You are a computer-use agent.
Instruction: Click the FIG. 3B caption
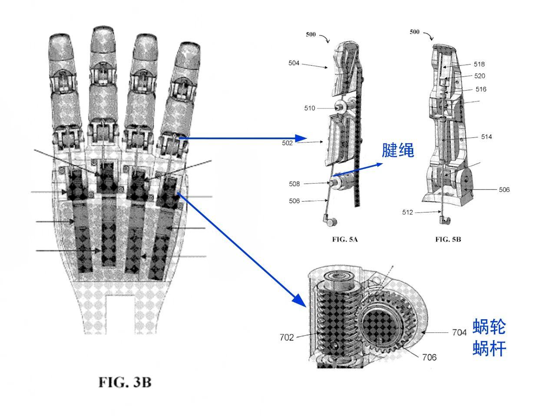(x=125, y=382)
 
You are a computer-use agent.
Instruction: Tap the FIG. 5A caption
(x=345, y=239)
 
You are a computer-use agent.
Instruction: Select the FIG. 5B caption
(x=448, y=239)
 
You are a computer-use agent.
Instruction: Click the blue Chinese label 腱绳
(x=398, y=150)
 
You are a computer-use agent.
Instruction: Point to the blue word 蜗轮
(x=489, y=327)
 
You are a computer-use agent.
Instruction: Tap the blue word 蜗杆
(x=489, y=348)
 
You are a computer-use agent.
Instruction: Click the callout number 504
(x=294, y=63)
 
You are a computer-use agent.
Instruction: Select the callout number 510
(x=310, y=108)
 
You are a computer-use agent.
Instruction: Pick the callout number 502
(x=287, y=143)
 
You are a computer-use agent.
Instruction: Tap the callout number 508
(x=295, y=184)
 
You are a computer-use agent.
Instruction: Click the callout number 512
(x=407, y=213)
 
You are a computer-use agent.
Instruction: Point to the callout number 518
(x=479, y=64)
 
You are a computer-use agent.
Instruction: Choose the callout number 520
(x=480, y=76)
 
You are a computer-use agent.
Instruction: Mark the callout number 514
(x=486, y=137)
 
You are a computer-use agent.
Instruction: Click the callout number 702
(x=287, y=337)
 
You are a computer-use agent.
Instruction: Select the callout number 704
(x=460, y=332)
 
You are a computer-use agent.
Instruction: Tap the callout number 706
(x=430, y=357)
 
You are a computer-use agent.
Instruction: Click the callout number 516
(x=481, y=89)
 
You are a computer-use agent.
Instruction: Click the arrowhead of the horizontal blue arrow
(x=301, y=138)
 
